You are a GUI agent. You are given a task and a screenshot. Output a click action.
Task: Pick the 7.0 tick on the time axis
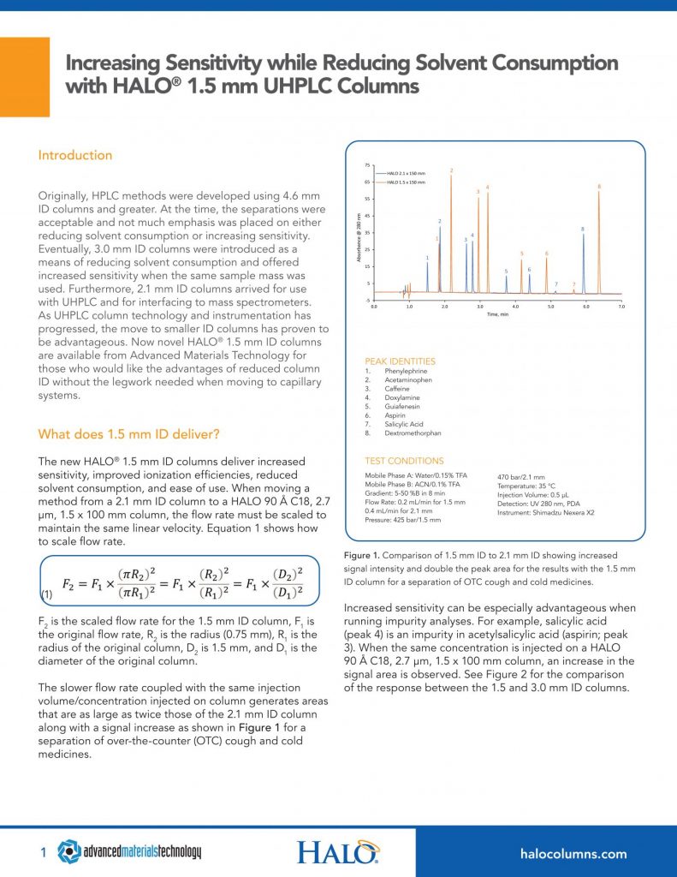point(621,306)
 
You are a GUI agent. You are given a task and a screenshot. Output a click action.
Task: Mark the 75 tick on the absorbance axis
point(368,164)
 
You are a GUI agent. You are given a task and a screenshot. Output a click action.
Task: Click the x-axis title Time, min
point(497,314)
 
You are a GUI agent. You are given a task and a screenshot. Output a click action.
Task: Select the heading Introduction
point(75,155)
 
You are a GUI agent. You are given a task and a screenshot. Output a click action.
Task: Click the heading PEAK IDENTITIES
point(400,361)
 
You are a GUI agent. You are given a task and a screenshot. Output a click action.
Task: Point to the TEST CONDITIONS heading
point(404,461)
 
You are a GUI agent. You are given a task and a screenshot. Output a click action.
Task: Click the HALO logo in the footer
point(338,852)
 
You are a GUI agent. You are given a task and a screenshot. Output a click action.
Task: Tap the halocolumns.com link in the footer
point(573,854)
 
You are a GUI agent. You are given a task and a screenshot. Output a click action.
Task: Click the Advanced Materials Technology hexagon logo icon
point(69,852)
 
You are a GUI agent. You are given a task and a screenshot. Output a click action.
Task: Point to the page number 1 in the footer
point(43,853)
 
